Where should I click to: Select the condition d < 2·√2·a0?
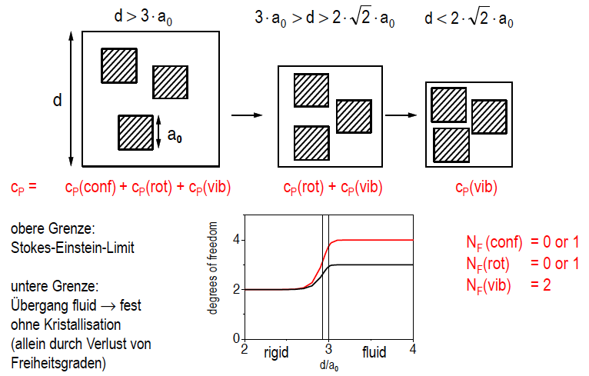pyautogui.click(x=468, y=18)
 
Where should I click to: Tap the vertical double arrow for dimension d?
pyautogui.click(x=71, y=99)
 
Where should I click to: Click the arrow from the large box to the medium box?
pyautogui.click(x=243, y=115)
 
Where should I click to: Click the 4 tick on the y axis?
pyautogui.click(x=238, y=240)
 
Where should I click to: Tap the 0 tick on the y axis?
pyautogui.click(x=238, y=338)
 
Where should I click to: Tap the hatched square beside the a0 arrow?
pyautogui.click(x=135, y=132)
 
